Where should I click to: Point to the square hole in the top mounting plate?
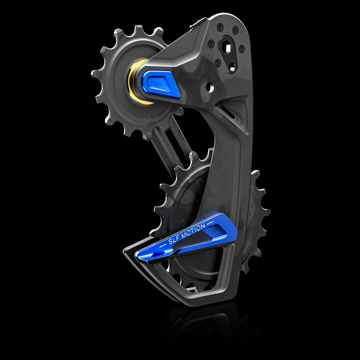click(x=227, y=47)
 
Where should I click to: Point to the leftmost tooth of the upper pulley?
click(x=95, y=75)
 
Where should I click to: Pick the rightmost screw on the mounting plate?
click(x=242, y=49)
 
